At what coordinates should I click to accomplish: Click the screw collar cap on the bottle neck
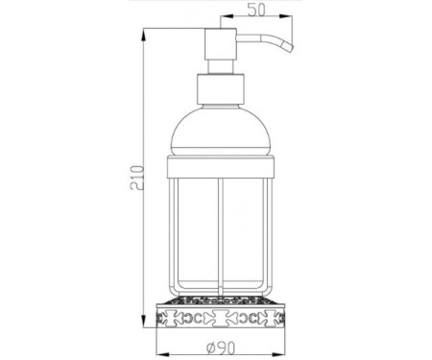pyautogui.click(x=220, y=90)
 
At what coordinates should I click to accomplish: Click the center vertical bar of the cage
pyautogui.click(x=220, y=230)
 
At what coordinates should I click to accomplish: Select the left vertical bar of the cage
pyautogui.click(x=176, y=230)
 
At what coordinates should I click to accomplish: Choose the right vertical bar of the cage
pyautogui.click(x=267, y=230)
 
